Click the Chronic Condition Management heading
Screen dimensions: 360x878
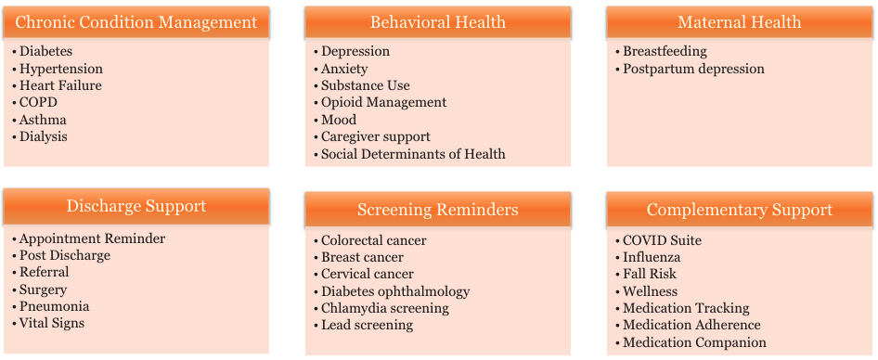[136, 22]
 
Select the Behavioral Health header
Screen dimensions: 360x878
[437, 22]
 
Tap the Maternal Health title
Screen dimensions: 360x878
[739, 22]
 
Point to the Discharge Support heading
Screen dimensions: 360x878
[136, 206]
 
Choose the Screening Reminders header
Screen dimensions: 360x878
[437, 210]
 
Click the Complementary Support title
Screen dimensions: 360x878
[739, 210]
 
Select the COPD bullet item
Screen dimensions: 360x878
[39, 103]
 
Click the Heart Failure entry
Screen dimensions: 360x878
[60, 85]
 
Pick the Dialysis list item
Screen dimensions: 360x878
[43, 136]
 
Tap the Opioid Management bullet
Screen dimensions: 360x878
[383, 103]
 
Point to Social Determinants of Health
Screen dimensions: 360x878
[413, 154]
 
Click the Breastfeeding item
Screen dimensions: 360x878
[665, 52]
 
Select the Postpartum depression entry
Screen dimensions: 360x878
[693, 69]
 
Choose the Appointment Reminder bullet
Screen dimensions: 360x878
[92, 238]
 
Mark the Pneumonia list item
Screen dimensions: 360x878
[54, 306]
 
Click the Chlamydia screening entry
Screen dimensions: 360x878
[384, 308]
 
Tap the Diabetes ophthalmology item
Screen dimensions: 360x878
[395, 291]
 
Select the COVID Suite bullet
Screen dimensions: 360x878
[662, 240]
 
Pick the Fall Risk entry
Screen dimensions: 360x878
[650, 274]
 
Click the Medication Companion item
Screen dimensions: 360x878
[694, 342]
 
